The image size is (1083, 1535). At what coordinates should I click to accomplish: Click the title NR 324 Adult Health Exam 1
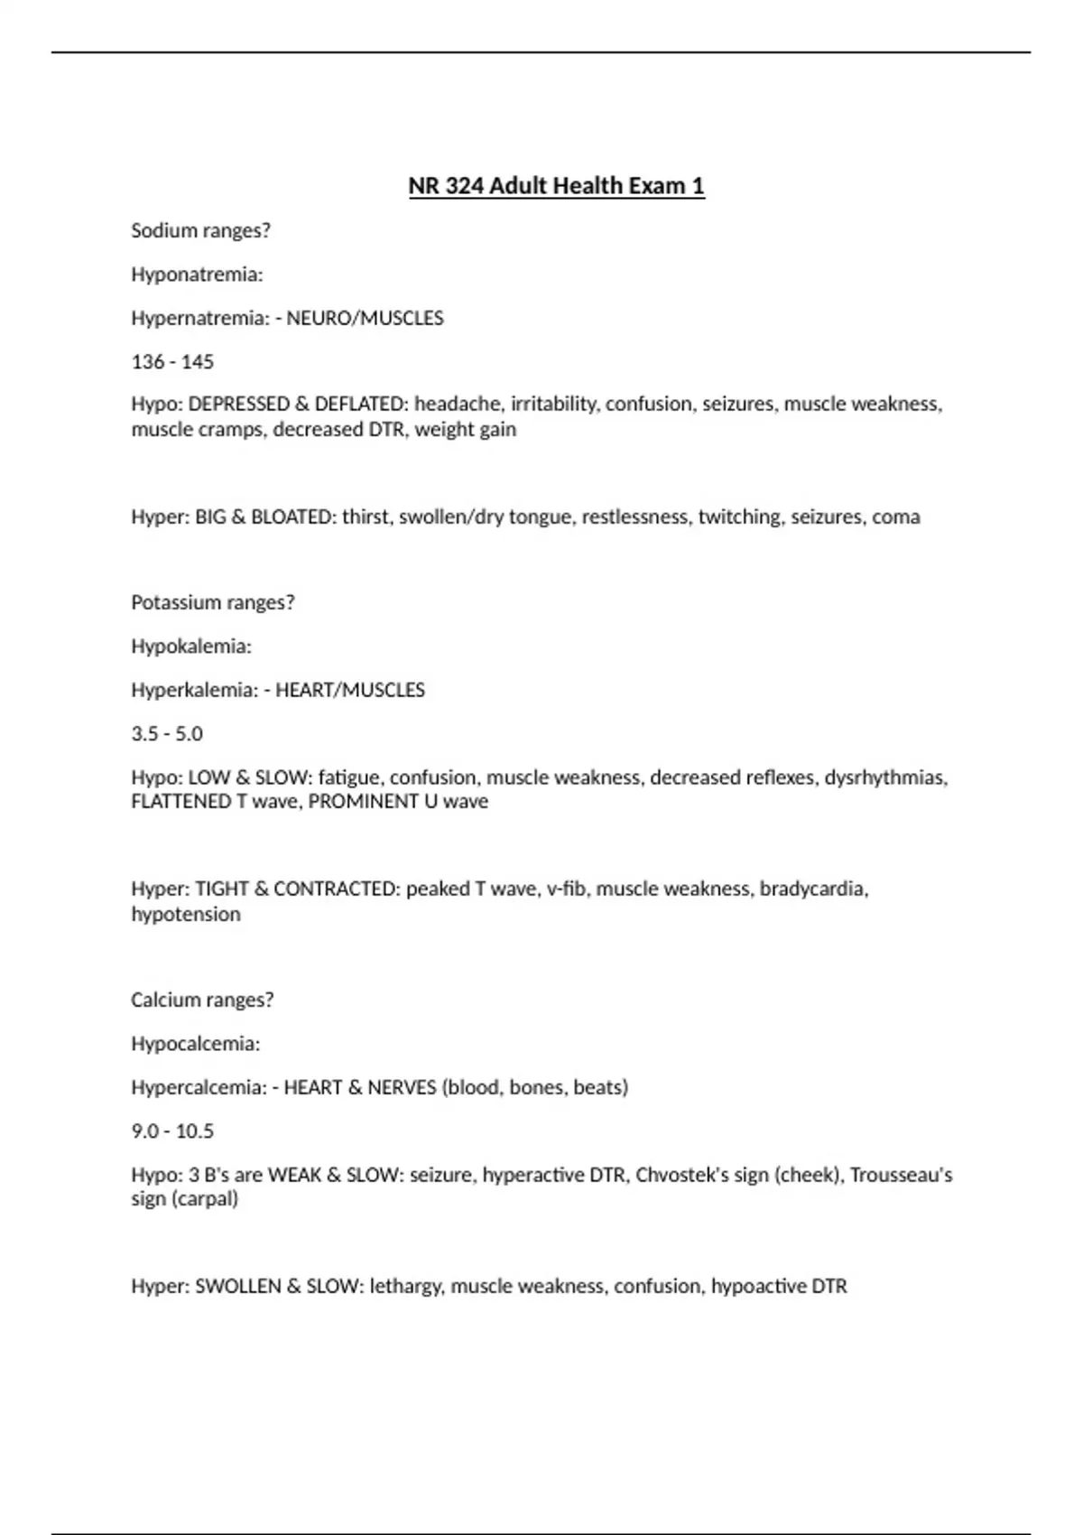556,186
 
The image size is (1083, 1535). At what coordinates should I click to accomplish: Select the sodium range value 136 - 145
172,362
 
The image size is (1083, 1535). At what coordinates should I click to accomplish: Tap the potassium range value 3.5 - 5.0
167,734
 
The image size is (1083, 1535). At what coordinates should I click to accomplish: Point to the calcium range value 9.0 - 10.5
172,1131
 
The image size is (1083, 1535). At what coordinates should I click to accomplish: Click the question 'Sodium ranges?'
200,231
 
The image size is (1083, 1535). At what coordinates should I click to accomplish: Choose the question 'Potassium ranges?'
213,603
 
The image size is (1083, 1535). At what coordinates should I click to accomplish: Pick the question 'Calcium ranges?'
202,1000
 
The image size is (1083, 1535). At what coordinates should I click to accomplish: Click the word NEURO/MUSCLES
365,319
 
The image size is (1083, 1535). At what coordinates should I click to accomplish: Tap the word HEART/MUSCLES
350,691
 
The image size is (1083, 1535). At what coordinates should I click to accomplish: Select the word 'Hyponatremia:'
197,275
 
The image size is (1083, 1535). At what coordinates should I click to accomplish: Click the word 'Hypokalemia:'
191,647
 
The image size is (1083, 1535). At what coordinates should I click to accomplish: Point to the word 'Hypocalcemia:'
195,1045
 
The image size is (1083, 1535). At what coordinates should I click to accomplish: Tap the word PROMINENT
352,802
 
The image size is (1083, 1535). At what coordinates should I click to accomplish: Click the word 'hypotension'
186,915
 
